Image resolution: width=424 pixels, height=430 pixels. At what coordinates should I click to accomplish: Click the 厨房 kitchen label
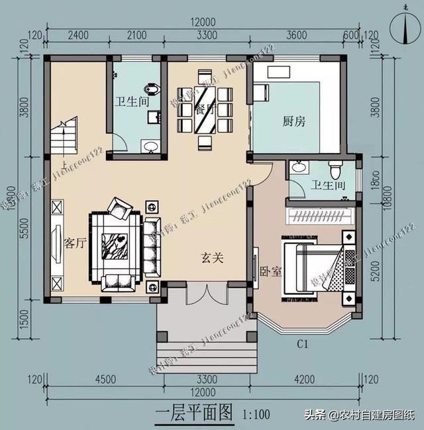[293, 121]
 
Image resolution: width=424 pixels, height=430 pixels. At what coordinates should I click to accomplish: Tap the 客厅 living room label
[76, 243]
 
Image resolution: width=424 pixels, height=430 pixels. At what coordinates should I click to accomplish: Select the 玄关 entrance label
[212, 258]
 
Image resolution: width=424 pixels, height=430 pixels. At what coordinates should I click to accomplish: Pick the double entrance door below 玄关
[207, 292]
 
